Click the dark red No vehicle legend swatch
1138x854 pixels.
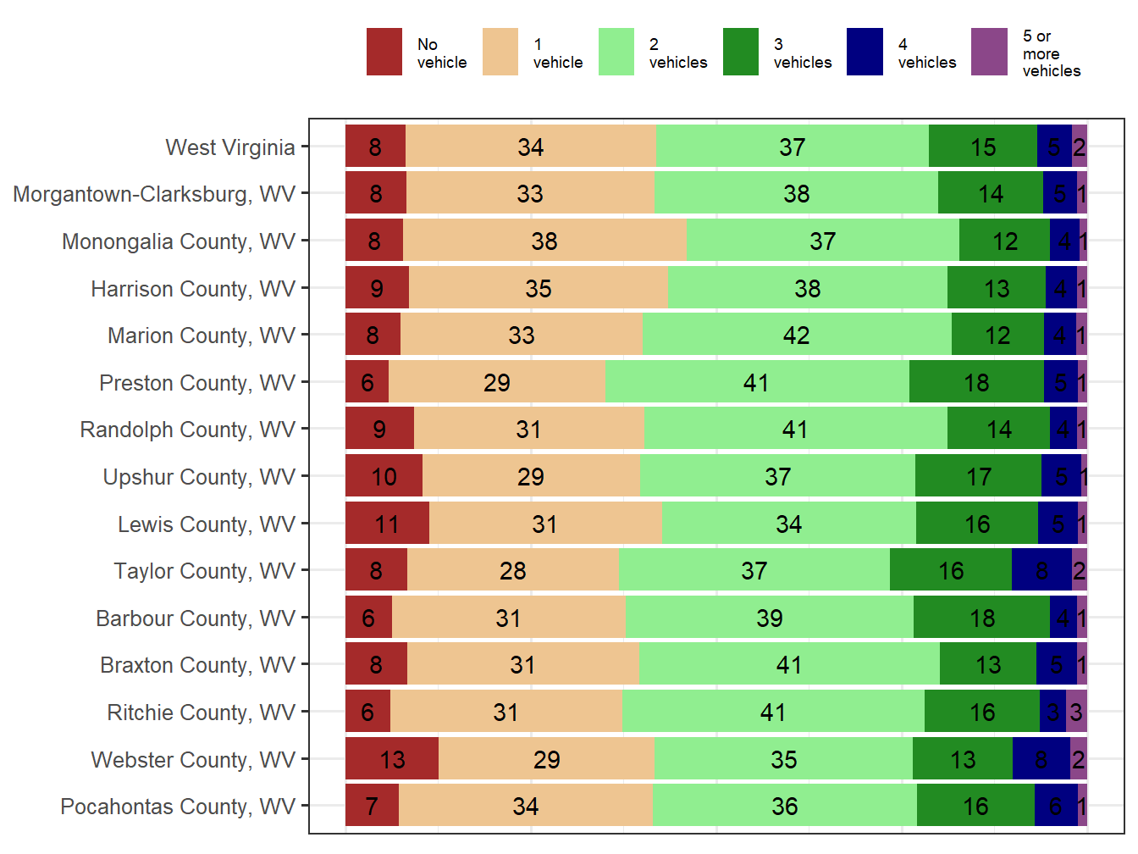coord(384,52)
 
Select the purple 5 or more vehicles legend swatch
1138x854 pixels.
coord(989,52)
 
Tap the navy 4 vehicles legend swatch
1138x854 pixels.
coord(865,52)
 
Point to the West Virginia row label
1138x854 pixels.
coord(230,147)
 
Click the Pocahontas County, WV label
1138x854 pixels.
coord(178,807)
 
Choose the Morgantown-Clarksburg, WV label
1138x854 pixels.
coord(154,194)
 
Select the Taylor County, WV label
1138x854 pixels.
coord(205,571)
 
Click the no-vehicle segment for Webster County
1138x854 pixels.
coord(392,759)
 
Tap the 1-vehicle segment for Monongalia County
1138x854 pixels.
coord(544,241)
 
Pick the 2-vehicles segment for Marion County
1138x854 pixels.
coord(797,335)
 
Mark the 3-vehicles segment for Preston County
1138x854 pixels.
coord(976,383)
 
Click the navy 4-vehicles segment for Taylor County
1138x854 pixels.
coord(1041,571)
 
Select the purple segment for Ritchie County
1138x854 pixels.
coord(1076,712)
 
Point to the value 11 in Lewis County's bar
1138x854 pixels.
coord(387,524)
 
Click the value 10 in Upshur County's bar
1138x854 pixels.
coord(384,477)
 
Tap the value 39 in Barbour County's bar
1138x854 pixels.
coord(770,618)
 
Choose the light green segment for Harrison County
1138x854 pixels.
coord(808,289)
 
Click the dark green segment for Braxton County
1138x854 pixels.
coord(988,665)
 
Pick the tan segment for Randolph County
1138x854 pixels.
coord(529,430)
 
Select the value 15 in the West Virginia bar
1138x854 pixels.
coord(983,147)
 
